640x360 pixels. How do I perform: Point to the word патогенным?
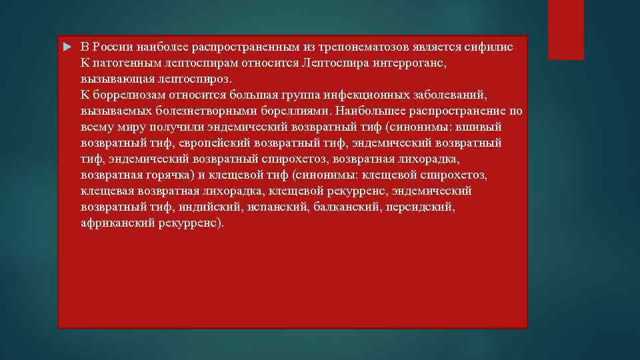tap(124, 64)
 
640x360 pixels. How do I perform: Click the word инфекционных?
tap(356, 96)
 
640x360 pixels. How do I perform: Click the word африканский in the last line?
tap(117, 223)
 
